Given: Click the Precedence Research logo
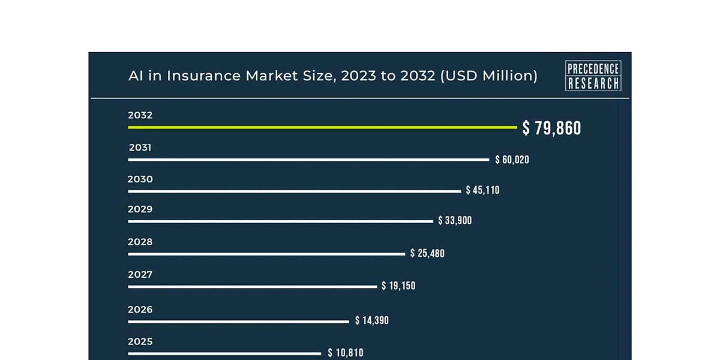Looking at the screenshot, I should click(x=593, y=76).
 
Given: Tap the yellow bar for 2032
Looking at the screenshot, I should click(x=322, y=127).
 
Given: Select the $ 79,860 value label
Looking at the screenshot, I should click(x=551, y=128).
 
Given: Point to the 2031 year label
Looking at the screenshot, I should click(x=140, y=147).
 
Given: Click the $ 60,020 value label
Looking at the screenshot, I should click(x=512, y=160).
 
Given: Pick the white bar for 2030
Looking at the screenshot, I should click(x=294, y=191).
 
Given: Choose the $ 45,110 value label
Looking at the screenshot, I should click(x=482, y=190).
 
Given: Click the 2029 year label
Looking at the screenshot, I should click(x=140, y=209).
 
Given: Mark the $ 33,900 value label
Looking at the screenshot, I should click(x=455, y=221).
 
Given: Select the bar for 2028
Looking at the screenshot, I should click(x=266, y=254).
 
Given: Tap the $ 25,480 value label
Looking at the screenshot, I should click(x=427, y=254).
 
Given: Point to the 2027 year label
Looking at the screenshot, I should click(x=140, y=275).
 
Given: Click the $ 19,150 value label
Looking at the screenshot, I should click(x=398, y=286).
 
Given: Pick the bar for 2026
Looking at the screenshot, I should click(x=238, y=322).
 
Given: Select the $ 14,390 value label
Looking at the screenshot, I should click(x=372, y=320).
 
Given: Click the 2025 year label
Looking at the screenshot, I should click(x=140, y=342).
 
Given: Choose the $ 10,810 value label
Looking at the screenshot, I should click(x=346, y=353).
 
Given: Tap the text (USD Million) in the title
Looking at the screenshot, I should click(x=488, y=76).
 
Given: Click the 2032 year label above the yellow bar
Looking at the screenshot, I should click(x=140, y=115).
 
